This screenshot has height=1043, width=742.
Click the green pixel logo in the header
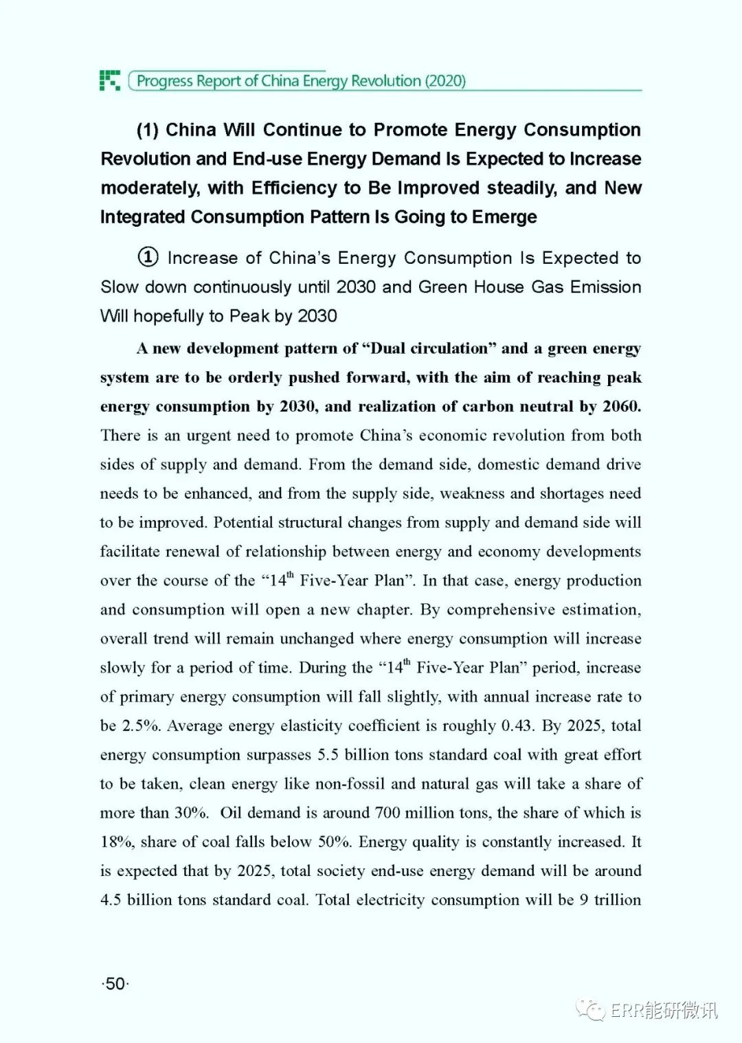point(110,80)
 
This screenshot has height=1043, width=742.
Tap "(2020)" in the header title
point(445,81)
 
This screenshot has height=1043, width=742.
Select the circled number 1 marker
point(148,258)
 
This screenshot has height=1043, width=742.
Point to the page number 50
point(115,983)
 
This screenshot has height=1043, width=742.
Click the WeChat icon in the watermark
point(590,1009)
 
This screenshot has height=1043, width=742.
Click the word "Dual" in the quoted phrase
point(387,348)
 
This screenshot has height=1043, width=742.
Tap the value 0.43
point(517,726)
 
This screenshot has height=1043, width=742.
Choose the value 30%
point(190,813)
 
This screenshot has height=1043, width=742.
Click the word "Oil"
point(231,813)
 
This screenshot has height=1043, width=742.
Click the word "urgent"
point(206,436)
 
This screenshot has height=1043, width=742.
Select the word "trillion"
point(617,900)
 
